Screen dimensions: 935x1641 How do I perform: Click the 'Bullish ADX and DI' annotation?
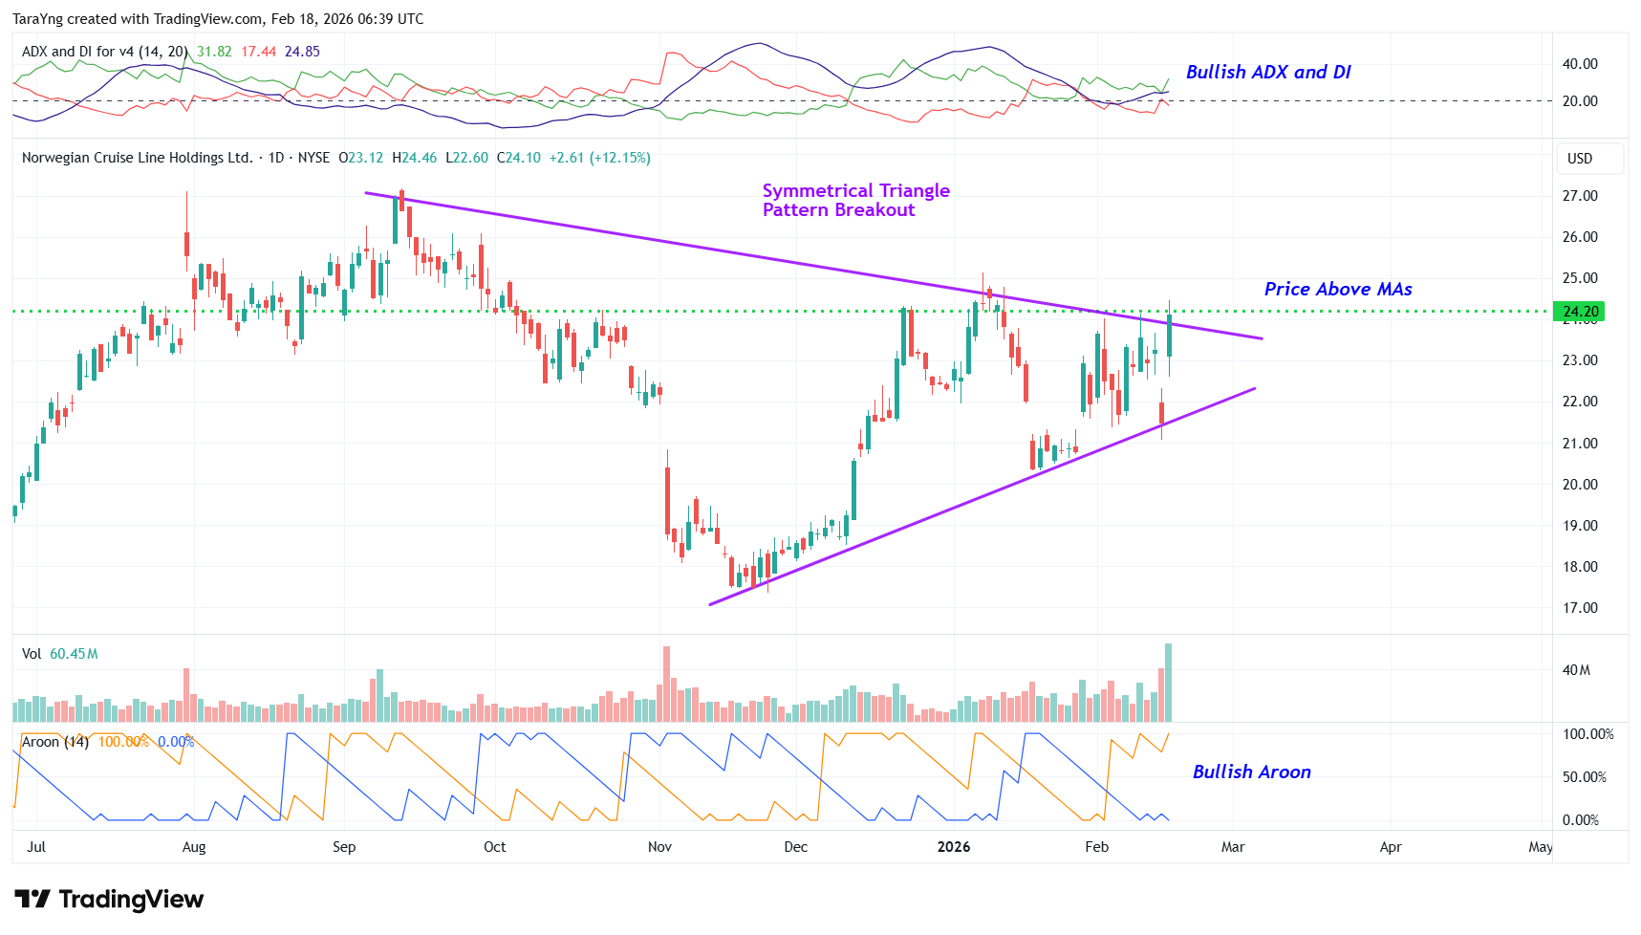[x=1267, y=72]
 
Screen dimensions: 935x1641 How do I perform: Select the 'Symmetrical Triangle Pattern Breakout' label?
[x=855, y=200]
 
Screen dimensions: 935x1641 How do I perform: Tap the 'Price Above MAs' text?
[x=1337, y=289]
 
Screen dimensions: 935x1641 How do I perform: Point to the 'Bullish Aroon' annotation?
[x=1251, y=772]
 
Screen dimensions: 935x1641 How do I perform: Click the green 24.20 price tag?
[x=1579, y=311]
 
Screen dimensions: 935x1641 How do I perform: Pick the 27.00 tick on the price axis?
[x=1579, y=196]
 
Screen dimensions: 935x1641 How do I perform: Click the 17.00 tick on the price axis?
[x=1579, y=608]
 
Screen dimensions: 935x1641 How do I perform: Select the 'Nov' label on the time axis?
[x=659, y=847]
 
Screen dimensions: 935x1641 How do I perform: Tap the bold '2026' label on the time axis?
[x=953, y=847]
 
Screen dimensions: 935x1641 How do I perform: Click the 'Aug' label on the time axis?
[x=194, y=847]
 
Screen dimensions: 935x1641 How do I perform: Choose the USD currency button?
[x=1580, y=159]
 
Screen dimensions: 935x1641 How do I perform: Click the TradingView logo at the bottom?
[x=109, y=899]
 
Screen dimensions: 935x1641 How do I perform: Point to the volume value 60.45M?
[x=74, y=654]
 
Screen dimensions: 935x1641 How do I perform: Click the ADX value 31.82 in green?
[x=214, y=52]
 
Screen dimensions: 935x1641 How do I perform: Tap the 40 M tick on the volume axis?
[x=1576, y=670]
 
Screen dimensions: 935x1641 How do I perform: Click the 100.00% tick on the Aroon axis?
[x=1587, y=734]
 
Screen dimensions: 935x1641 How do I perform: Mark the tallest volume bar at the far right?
[x=1168, y=683]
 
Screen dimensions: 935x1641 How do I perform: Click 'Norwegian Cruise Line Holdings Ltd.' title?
[x=137, y=158]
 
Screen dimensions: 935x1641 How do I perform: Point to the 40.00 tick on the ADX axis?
[x=1579, y=64]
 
